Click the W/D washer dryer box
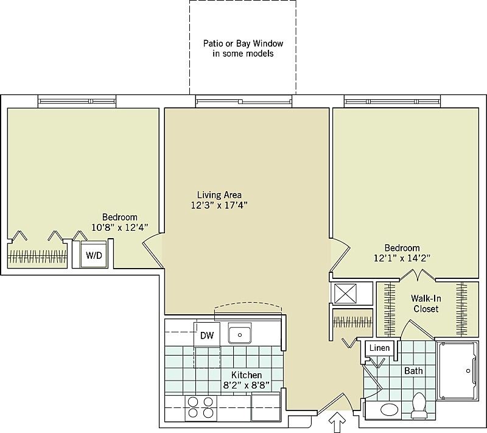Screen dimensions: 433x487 (94, 256)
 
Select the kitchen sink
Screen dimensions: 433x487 (239, 334)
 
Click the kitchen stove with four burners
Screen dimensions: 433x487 (200, 407)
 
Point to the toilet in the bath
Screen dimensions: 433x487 (419, 406)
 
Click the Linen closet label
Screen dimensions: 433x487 (379, 348)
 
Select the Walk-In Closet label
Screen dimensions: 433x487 (426, 304)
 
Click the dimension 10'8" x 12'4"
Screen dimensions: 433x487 (119, 228)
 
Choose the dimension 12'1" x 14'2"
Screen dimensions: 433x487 (402, 258)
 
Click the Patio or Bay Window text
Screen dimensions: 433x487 (243, 49)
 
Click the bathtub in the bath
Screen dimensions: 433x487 (458, 370)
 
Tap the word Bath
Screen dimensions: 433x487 (413, 370)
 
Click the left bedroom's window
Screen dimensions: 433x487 (77, 100)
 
